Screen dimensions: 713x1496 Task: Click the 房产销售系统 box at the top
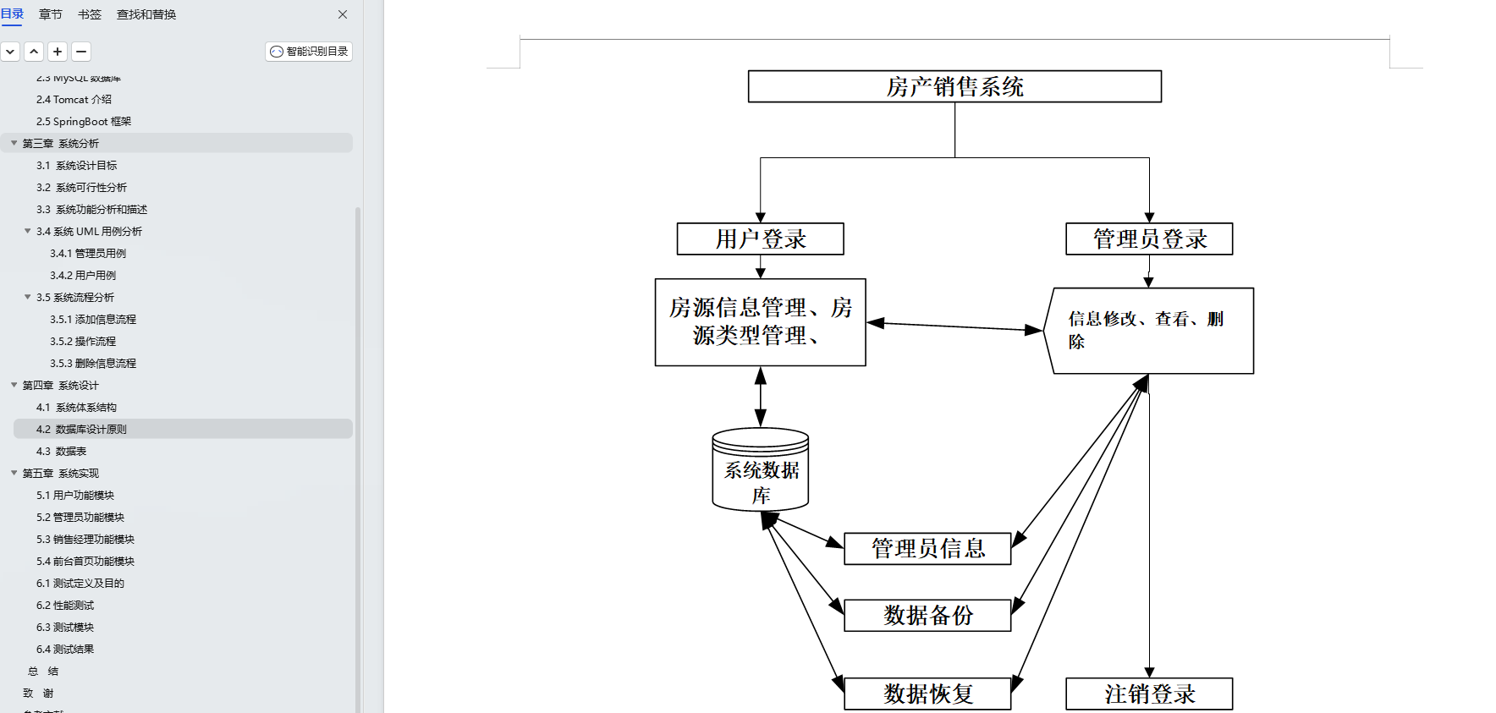click(954, 86)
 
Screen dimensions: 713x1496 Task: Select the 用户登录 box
click(760, 239)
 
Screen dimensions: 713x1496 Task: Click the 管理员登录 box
click(1148, 239)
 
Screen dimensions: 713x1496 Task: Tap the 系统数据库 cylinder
click(760, 474)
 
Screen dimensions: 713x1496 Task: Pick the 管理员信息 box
click(927, 548)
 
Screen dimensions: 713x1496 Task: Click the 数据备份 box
click(927, 615)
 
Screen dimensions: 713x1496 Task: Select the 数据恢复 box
click(927, 694)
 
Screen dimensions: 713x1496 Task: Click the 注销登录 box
click(1148, 694)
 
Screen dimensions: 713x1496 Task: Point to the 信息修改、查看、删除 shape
click(1151, 331)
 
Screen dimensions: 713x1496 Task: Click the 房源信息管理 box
click(760, 321)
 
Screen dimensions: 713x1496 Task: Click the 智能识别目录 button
click(309, 52)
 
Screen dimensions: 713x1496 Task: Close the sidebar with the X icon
click(343, 14)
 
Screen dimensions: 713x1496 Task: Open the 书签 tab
click(90, 14)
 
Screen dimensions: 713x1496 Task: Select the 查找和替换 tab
click(146, 14)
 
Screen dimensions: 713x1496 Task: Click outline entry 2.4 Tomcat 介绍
click(74, 100)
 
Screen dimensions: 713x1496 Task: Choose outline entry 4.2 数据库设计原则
click(81, 430)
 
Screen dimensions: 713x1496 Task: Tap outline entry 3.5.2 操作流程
click(83, 342)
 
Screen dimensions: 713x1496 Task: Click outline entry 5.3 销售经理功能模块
click(85, 540)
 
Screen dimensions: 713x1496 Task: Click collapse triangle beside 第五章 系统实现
click(14, 473)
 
